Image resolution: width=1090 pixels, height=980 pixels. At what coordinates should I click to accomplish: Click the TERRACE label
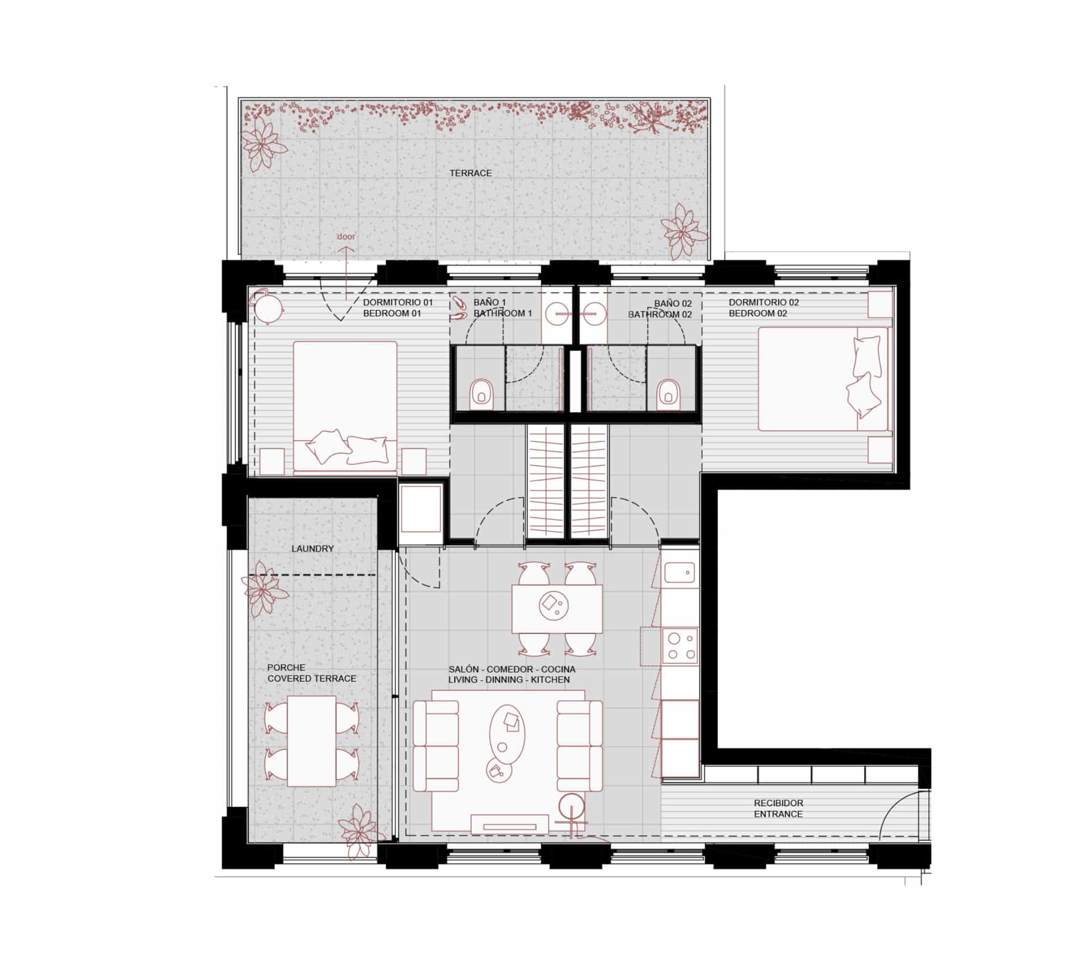click(471, 173)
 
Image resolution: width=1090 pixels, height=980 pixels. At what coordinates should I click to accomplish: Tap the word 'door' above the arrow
click(346, 236)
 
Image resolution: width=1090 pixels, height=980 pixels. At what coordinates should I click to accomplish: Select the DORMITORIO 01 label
click(398, 303)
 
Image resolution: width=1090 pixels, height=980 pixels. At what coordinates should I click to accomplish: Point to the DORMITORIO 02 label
click(764, 303)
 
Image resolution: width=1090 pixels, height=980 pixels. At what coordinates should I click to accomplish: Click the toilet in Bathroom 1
click(482, 393)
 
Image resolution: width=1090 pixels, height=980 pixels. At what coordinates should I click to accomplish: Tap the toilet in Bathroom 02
click(668, 393)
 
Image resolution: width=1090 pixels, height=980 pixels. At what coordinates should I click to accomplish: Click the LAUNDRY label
click(312, 549)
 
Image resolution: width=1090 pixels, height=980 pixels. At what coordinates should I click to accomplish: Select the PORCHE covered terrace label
click(312, 673)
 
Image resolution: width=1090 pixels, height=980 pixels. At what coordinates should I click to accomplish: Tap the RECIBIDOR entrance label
click(778, 808)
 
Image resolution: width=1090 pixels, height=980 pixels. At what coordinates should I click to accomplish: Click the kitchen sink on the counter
click(680, 573)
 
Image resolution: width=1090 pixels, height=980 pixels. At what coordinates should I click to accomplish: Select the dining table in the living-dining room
click(556, 608)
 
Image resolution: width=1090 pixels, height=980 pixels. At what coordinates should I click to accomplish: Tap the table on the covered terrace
click(311, 741)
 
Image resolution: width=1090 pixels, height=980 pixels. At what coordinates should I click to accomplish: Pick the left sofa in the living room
click(435, 746)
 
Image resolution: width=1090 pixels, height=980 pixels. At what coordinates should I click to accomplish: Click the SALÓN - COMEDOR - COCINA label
click(512, 669)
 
